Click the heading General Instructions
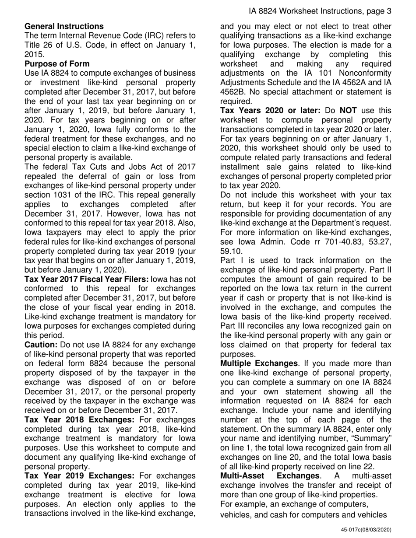pyautogui.click(x=64, y=26)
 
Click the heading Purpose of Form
pyautogui.click(x=57, y=63)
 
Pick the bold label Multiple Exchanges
pyautogui.click(x=259, y=363)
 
